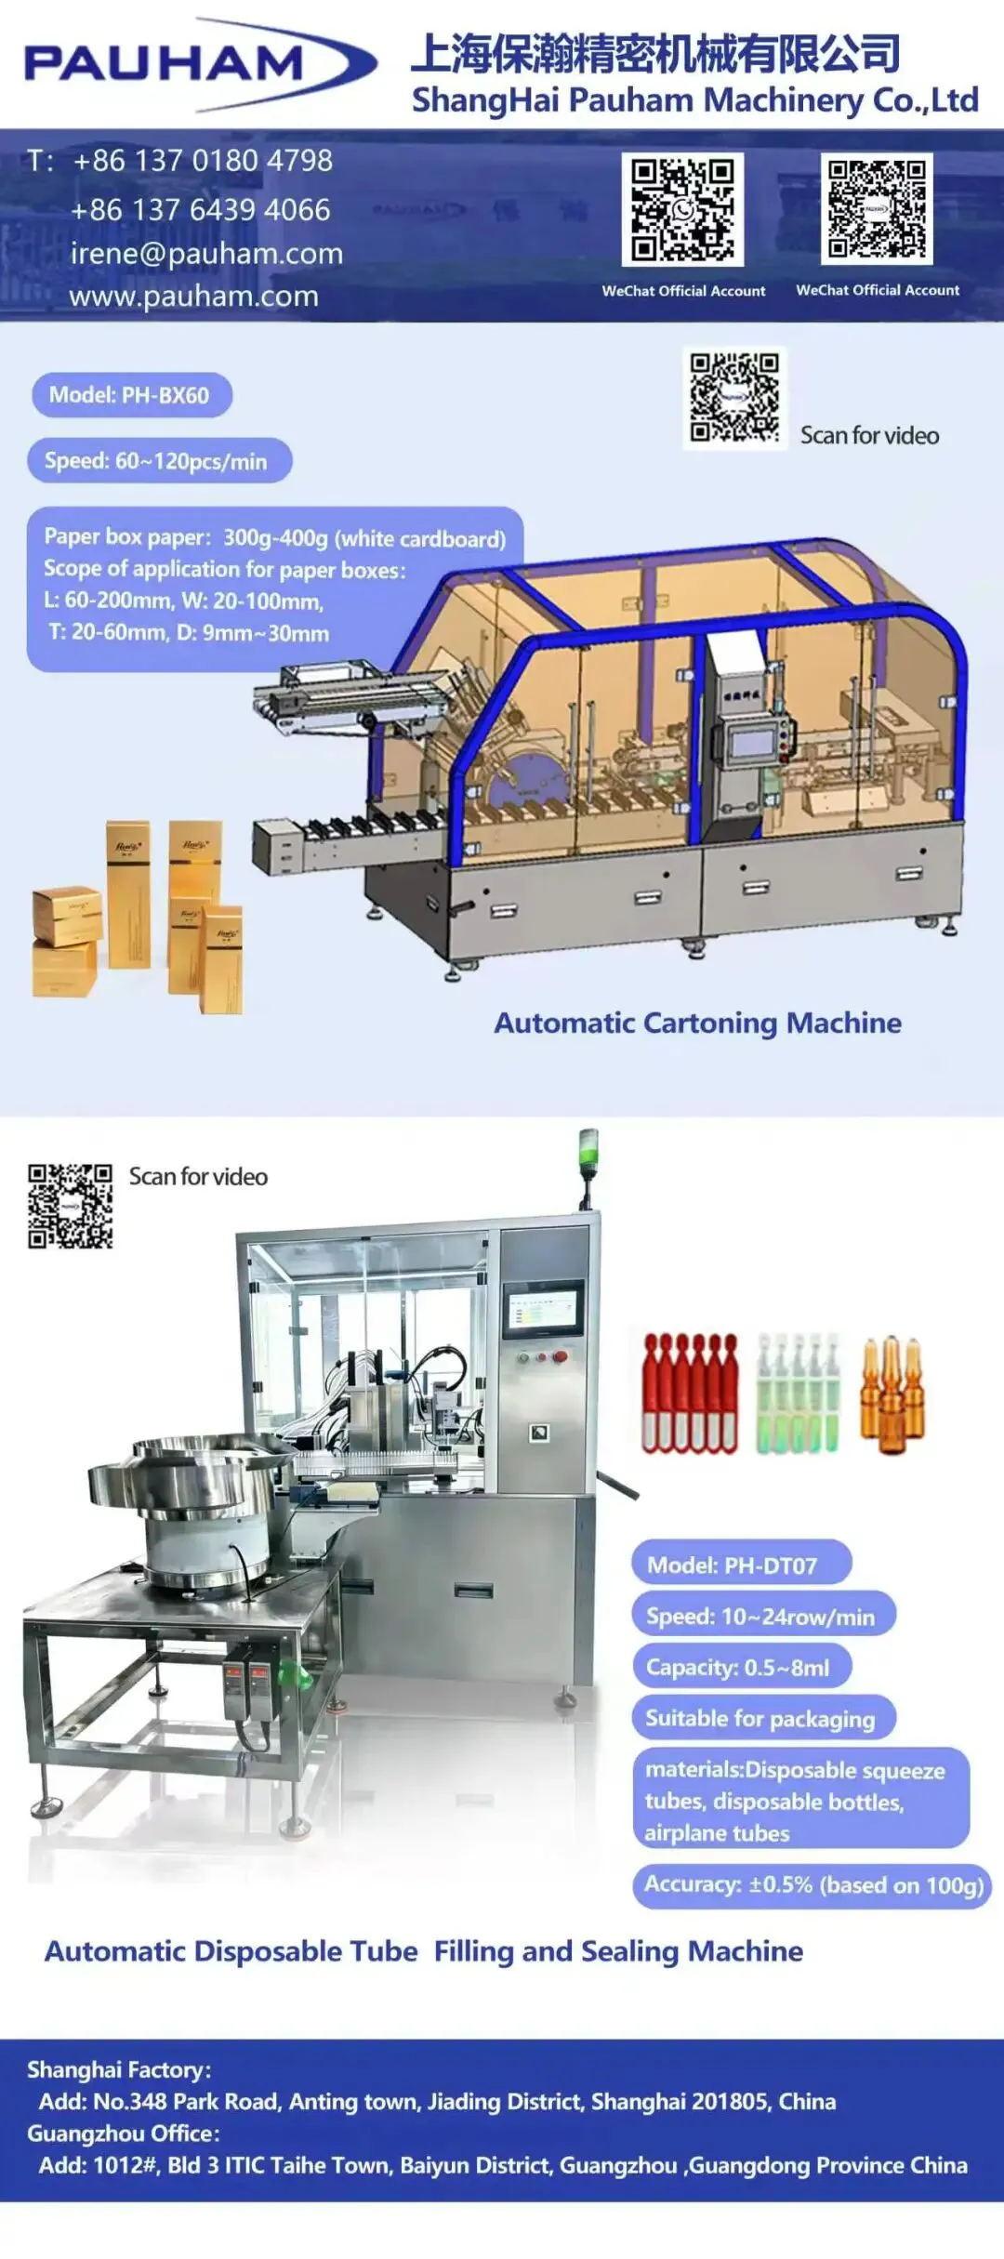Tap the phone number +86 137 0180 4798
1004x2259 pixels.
[203, 161]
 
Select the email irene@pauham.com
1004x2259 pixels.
[206, 253]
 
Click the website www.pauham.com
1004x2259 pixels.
[193, 297]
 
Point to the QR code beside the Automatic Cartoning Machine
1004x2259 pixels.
[734, 399]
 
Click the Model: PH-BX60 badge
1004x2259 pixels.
[131, 395]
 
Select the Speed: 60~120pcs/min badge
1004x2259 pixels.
[158, 461]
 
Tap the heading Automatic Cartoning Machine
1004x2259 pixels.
[697, 1023]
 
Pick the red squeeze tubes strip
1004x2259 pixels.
[690, 1394]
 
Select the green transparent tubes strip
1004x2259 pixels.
[798, 1394]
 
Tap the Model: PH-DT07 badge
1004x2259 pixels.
[741, 1565]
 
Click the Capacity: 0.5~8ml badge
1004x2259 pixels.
[741, 1667]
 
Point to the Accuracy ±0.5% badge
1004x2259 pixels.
[812, 1884]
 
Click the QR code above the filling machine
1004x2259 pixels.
[71, 1206]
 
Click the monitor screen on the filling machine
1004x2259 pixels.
[543, 1314]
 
